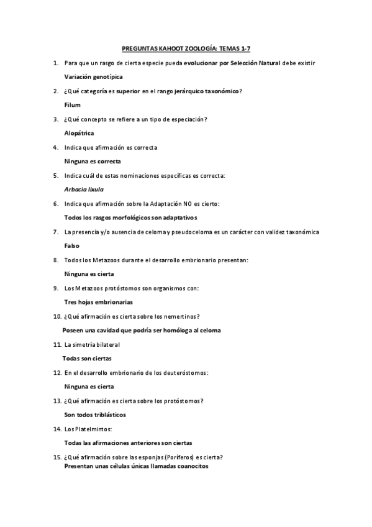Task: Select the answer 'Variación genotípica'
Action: tap(93, 77)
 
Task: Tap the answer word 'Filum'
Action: tap(73, 105)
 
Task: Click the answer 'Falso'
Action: tap(72, 245)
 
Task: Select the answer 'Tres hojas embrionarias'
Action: tap(98, 302)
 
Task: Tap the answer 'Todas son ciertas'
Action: tap(87, 359)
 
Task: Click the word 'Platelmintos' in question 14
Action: tap(101, 429)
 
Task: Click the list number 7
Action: tap(55, 232)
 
